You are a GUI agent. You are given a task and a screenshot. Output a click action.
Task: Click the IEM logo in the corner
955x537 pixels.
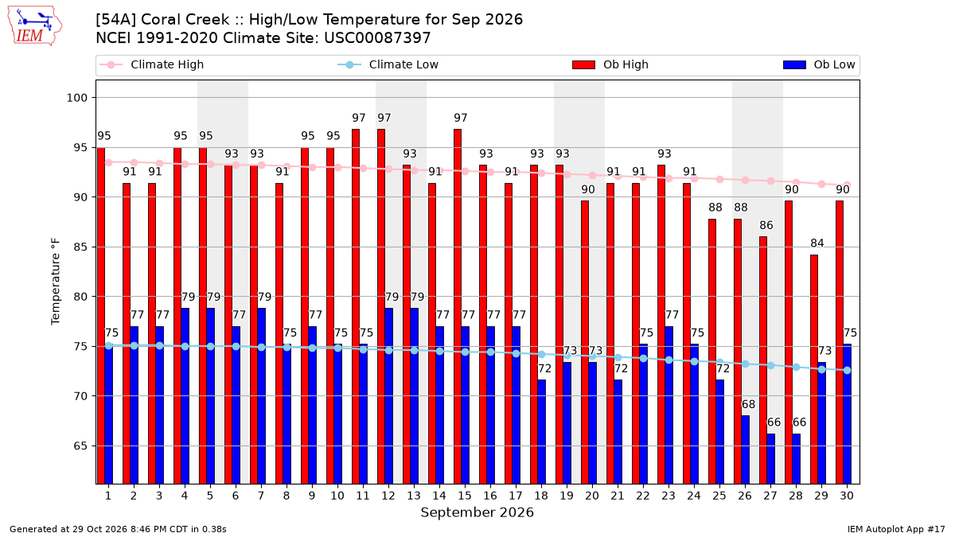point(35,26)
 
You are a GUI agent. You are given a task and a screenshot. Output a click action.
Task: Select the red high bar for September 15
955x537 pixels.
point(458,306)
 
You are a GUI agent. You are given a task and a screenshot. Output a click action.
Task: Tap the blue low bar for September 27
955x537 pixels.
point(771,458)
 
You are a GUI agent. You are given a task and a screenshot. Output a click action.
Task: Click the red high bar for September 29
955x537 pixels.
point(814,369)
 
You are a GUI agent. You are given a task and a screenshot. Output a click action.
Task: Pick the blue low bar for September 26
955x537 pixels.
point(745,449)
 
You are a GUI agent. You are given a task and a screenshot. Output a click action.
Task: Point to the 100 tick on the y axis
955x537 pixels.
point(76,98)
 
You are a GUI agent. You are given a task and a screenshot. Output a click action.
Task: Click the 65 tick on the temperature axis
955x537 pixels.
point(80,446)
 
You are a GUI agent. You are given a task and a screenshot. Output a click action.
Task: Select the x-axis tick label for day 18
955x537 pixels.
point(541,496)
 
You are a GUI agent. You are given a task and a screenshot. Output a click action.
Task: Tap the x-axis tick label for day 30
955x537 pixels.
point(847,496)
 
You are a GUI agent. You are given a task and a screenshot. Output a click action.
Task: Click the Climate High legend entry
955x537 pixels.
point(152,64)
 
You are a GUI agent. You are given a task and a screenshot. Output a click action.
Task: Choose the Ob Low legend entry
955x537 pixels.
point(819,64)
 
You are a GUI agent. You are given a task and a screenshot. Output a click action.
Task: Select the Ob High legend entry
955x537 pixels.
point(610,64)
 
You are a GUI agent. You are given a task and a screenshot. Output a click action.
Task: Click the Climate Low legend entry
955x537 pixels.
point(388,64)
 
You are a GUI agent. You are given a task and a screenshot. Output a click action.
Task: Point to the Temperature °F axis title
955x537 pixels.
point(56,282)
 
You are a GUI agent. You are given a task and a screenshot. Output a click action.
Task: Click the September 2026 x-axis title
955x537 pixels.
point(477,512)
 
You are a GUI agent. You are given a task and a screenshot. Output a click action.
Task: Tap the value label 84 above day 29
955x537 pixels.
point(817,243)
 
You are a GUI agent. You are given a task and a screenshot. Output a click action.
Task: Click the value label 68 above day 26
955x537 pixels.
point(748,404)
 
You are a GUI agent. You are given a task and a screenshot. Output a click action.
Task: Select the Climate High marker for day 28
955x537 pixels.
point(796,182)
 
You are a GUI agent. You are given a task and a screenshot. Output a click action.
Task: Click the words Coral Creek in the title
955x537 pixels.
point(185,20)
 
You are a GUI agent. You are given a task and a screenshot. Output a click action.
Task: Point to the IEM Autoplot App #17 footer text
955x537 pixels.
point(896,529)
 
